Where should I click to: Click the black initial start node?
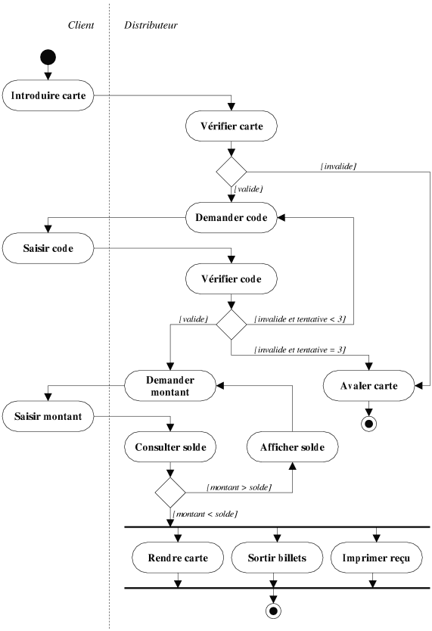pyautogui.click(x=48, y=58)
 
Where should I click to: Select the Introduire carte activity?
pyautogui.click(x=48, y=95)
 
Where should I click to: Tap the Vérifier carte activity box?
pyautogui.click(x=232, y=126)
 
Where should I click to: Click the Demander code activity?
pyautogui.click(x=232, y=218)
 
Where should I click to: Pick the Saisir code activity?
pyautogui.click(x=48, y=248)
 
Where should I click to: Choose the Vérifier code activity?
pyautogui.click(x=232, y=279)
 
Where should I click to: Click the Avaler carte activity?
pyautogui.click(x=369, y=386)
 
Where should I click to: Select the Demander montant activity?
pyautogui.click(x=170, y=386)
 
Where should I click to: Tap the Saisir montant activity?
pyautogui.click(x=48, y=416)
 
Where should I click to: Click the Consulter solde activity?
pyautogui.click(x=170, y=446)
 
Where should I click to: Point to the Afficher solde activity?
pyautogui.click(x=293, y=446)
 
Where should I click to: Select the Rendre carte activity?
pyautogui.click(x=178, y=558)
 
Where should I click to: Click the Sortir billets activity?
pyautogui.click(x=277, y=558)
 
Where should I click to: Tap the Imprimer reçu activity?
pyautogui.click(x=377, y=558)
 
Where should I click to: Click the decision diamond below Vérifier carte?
pyautogui.click(x=232, y=172)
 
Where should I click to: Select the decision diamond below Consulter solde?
pyautogui.click(x=170, y=493)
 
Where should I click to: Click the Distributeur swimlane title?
pyautogui.click(x=151, y=25)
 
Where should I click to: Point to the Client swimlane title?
pyautogui.click(x=81, y=25)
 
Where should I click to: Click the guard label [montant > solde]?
pyautogui.click(x=239, y=487)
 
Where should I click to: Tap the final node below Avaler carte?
pyautogui.click(x=369, y=424)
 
